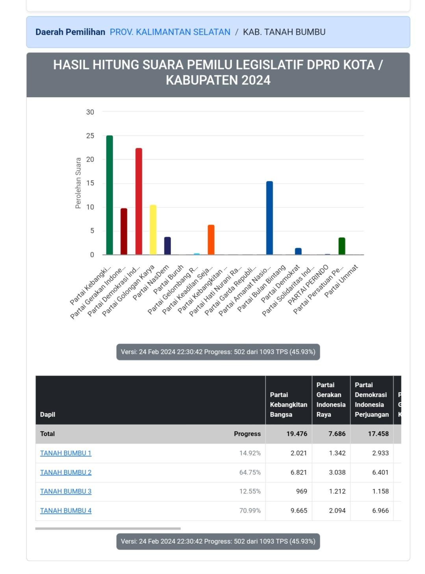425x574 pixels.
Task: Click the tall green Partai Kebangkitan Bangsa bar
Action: pos(109,195)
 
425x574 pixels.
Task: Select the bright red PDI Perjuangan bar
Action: pos(139,201)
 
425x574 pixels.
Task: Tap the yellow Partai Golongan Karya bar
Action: pos(153,230)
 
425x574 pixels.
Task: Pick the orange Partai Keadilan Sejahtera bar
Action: pos(211,240)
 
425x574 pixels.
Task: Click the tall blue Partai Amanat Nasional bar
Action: pos(269,218)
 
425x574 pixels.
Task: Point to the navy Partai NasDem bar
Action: pos(167,245)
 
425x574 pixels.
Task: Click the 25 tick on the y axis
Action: pos(90,136)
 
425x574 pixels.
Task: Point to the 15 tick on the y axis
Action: pos(90,183)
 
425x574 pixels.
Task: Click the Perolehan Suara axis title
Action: pos(78,183)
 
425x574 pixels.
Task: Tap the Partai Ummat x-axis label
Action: pos(341,281)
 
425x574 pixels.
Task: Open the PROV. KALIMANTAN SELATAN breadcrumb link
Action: pos(170,32)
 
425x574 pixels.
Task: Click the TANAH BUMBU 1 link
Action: pos(65,453)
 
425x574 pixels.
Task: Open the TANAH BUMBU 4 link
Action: pos(65,511)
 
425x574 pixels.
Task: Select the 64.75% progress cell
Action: pos(250,472)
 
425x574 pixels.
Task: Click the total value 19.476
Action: pos(297,434)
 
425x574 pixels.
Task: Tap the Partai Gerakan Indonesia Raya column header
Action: pos(331,399)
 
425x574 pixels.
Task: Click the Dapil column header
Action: pos(48,414)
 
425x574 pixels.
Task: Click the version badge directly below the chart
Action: pos(218,352)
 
